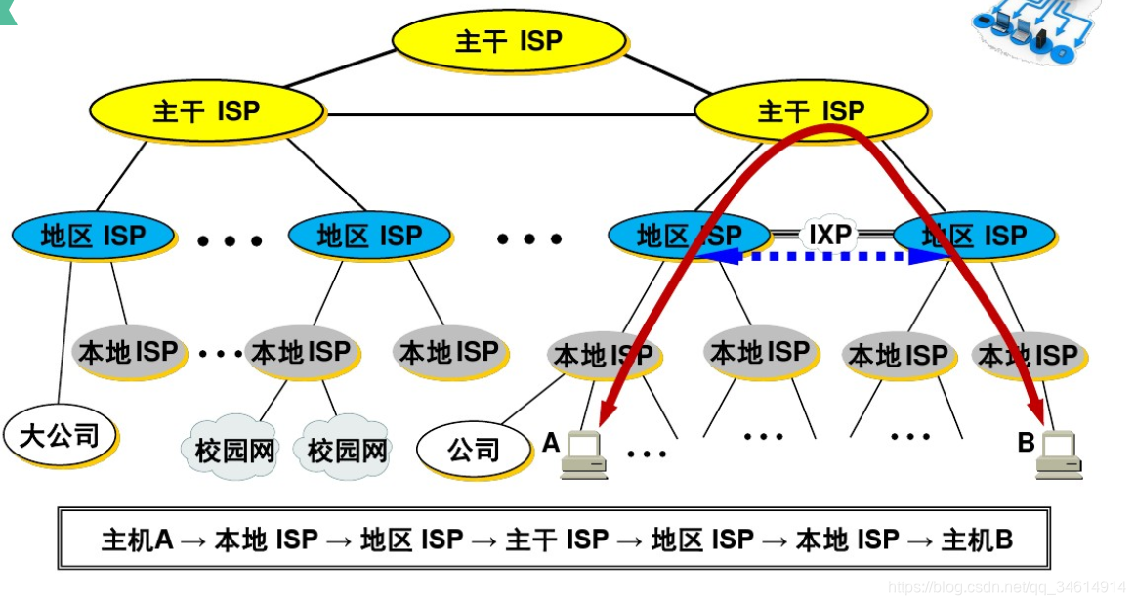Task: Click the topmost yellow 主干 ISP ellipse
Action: click(508, 41)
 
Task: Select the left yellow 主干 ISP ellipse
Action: click(206, 110)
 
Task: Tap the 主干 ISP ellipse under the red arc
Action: click(810, 110)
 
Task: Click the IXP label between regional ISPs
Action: click(830, 235)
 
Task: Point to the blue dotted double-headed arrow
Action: click(821, 257)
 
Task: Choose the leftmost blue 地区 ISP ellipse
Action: click(93, 236)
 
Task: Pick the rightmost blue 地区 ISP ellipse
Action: click(974, 236)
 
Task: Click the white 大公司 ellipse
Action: click(60, 435)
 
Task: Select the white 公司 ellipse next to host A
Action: click(474, 450)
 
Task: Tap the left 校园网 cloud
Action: click(235, 450)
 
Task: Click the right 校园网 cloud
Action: click(347, 450)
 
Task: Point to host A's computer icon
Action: click(584, 454)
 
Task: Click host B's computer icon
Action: click(1059, 454)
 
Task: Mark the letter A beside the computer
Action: click(551, 443)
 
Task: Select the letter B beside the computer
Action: click(1026, 443)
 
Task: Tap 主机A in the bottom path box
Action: click(137, 540)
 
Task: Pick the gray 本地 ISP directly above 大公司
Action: click(127, 351)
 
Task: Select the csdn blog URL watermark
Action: click(1006, 587)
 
